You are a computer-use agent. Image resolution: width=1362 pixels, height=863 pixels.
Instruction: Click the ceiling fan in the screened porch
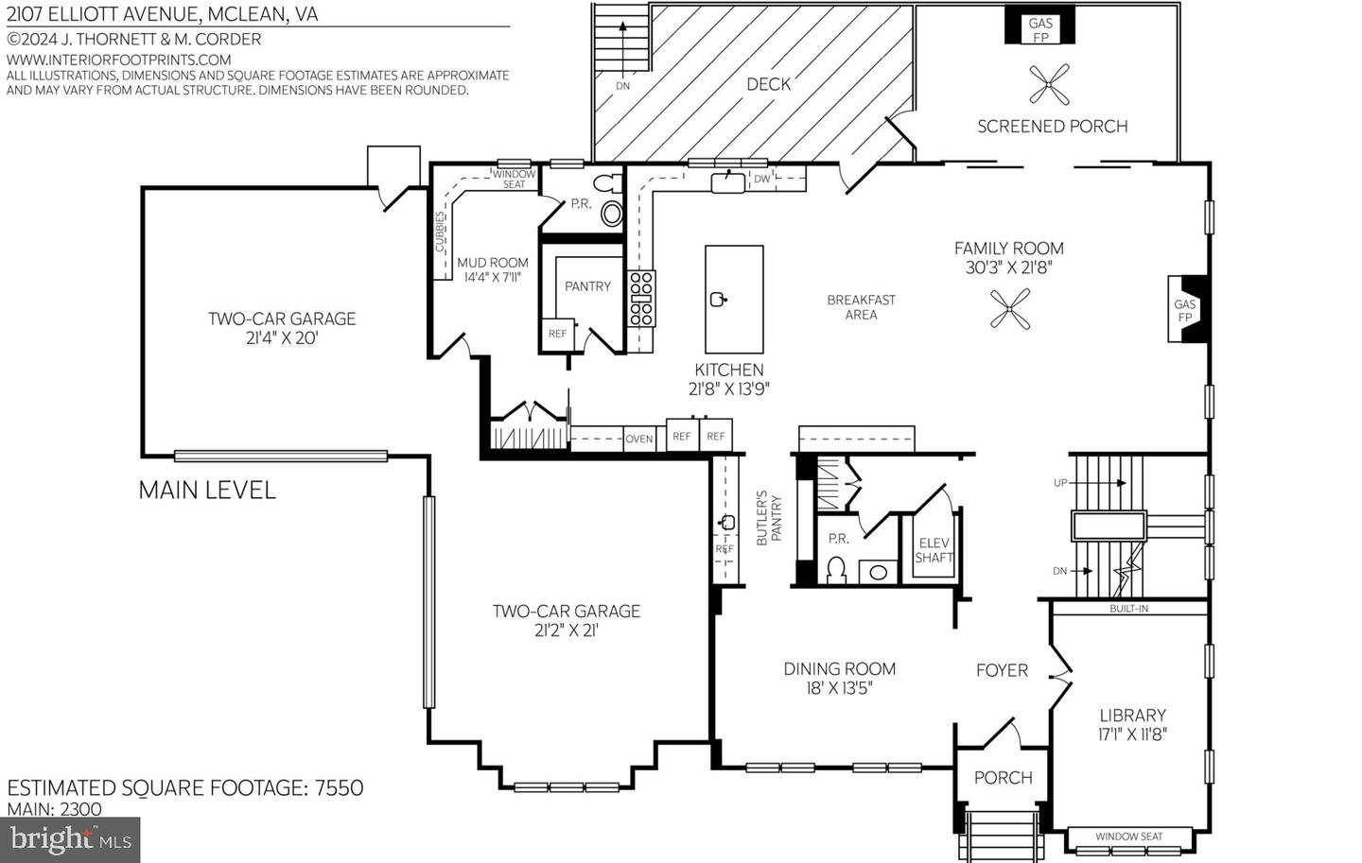pyautogui.click(x=1049, y=84)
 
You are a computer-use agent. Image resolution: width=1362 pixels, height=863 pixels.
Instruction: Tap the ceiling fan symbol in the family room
pyautogui.click(x=1009, y=309)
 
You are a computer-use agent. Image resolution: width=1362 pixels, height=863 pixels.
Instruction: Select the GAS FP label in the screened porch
pyautogui.click(x=1040, y=30)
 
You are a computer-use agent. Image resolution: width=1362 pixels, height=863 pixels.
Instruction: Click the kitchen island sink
pyautogui.click(x=719, y=300)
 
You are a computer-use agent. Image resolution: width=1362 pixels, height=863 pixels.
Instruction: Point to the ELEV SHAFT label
pyautogui.click(x=934, y=550)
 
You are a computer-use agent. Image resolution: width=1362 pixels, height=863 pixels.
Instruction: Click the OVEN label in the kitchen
pyautogui.click(x=639, y=439)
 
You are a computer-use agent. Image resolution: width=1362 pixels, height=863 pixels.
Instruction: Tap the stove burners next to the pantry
pyautogui.click(x=642, y=298)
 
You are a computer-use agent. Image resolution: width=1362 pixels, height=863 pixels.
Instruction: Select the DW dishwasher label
pyautogui.click(x=761, y=179)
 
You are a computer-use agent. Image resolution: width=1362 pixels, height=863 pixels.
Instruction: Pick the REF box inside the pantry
pyautogui.click(x=557, y=334)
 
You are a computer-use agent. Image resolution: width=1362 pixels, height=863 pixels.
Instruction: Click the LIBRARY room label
pyautogui.click(x=1132, y=716)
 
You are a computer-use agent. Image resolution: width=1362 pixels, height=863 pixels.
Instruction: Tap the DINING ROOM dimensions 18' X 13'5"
pyautogui.click(x=839, y=688)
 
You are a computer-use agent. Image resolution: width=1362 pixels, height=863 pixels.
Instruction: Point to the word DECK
pyautogui.click(x=768, y=84)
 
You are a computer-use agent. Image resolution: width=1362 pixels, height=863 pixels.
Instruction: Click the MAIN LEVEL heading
pyautogui.click(x=207, y=490)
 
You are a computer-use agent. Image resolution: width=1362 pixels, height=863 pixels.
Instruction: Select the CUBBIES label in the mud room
pyautogui.click(x=441, y=233)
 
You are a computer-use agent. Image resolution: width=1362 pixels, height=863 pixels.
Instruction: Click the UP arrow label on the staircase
pyautogui.click(x=1060, y=483)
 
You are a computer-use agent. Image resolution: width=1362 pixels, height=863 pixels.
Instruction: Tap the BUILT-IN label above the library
pyautogui.click(x=1128, y=609)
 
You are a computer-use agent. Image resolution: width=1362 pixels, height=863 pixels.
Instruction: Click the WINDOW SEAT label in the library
pyautogui.click(x=1128, y=837)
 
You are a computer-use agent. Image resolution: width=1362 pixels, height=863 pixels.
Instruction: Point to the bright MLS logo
pyautogui.click(x=71, y=838)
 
